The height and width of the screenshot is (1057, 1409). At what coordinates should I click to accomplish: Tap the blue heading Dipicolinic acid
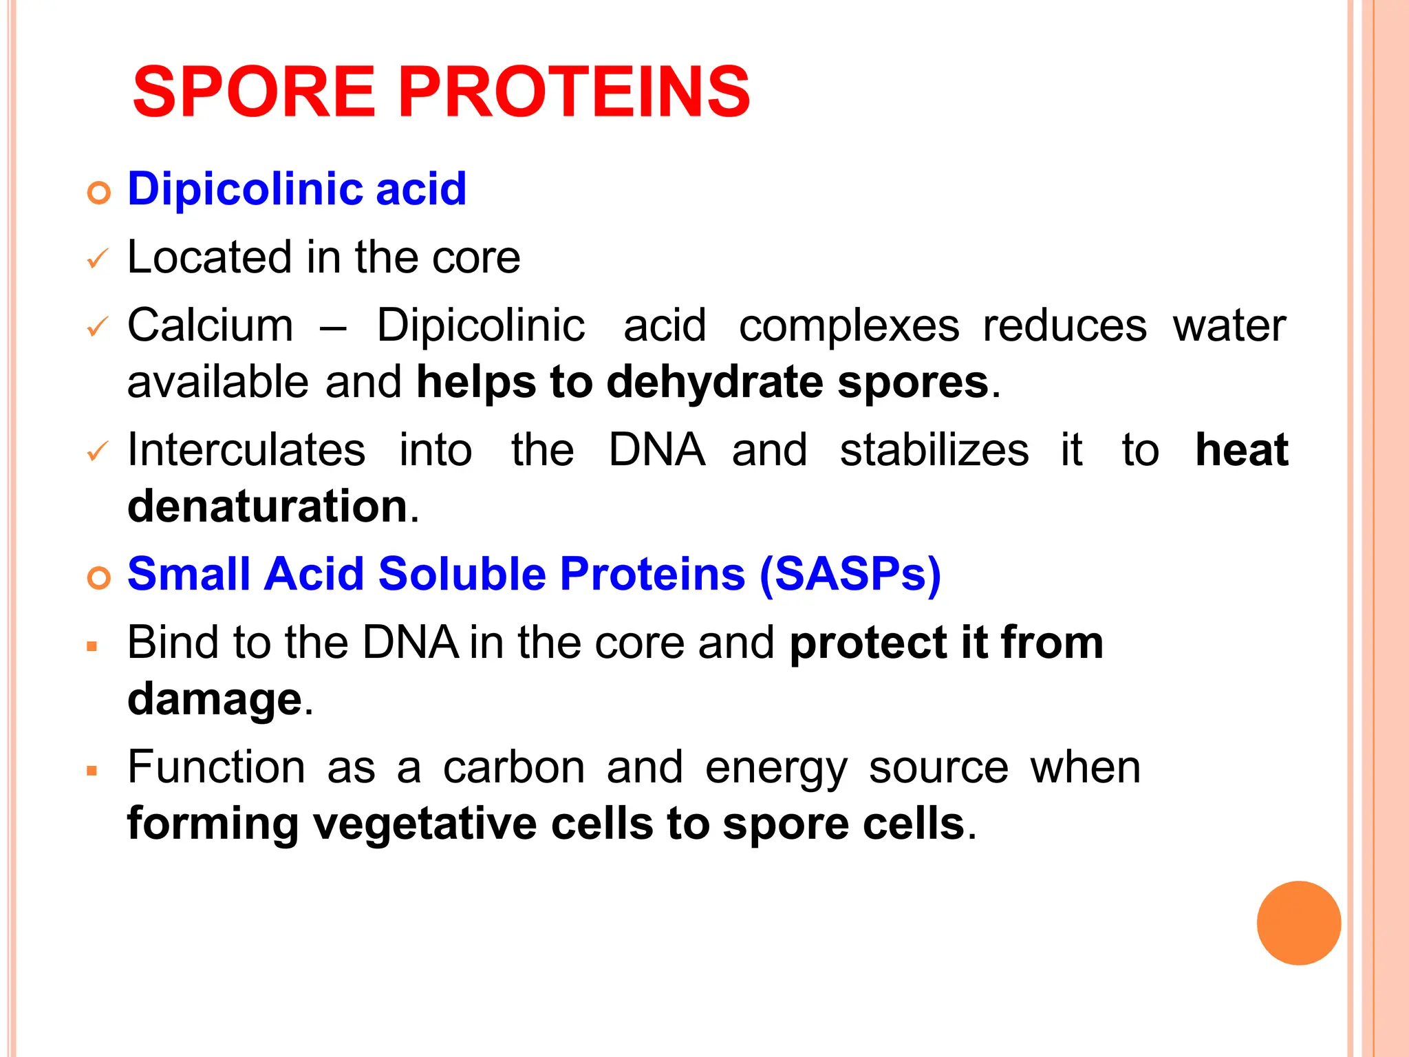pyautogui.click(x=297, y=189)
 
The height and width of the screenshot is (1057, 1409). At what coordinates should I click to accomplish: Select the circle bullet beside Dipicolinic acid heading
pyautogui.click(x=99, y=193)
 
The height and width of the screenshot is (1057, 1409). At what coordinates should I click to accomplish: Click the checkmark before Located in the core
pyautogui.click(x=98, y=259)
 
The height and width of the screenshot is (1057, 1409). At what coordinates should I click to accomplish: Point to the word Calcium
pyautogui.click(x=210, y=325)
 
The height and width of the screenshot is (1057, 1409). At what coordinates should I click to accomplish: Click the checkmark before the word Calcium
pyautogui.click(x=98, y=327)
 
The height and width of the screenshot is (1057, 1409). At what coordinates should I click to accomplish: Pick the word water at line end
pyautogui.click(x=1229, y=325)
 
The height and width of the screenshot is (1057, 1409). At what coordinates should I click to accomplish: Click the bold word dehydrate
pyautogui.click(x=714, y=383)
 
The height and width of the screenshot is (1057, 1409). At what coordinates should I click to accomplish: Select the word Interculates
pyautogui.click(x=246, y=450)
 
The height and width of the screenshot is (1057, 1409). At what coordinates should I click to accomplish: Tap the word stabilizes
pyautogui.click(x=934, y=450)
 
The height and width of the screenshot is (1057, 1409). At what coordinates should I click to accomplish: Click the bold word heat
pyautogui.click(x=1241, y=450)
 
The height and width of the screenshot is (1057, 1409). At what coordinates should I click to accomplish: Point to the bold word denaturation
pyautogui.click(x=268, y=506)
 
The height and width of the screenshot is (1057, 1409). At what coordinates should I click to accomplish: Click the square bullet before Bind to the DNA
pyautogui.click(x=92, y=646)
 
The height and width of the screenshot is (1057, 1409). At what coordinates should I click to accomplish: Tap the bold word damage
pyautogui.click(x=215, y=700)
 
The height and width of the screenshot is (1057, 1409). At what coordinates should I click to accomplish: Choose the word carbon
pyautogui.click(x=513, y=767)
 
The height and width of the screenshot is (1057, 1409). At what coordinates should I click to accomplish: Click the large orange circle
pyautogui.click(x=1298, y=923)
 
